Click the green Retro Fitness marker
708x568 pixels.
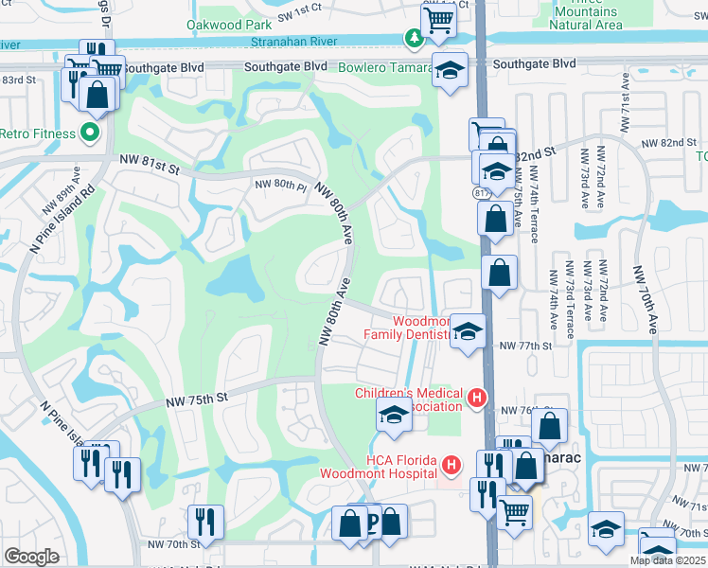(90, 133)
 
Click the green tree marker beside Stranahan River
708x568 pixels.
(413, 39)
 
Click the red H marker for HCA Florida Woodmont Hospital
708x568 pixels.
(451, 465)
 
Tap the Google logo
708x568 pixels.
(31, 557)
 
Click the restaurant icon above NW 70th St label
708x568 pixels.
(204, 520)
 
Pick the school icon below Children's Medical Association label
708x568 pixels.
(394, 414)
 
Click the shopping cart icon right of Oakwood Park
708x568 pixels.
(438, 19)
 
